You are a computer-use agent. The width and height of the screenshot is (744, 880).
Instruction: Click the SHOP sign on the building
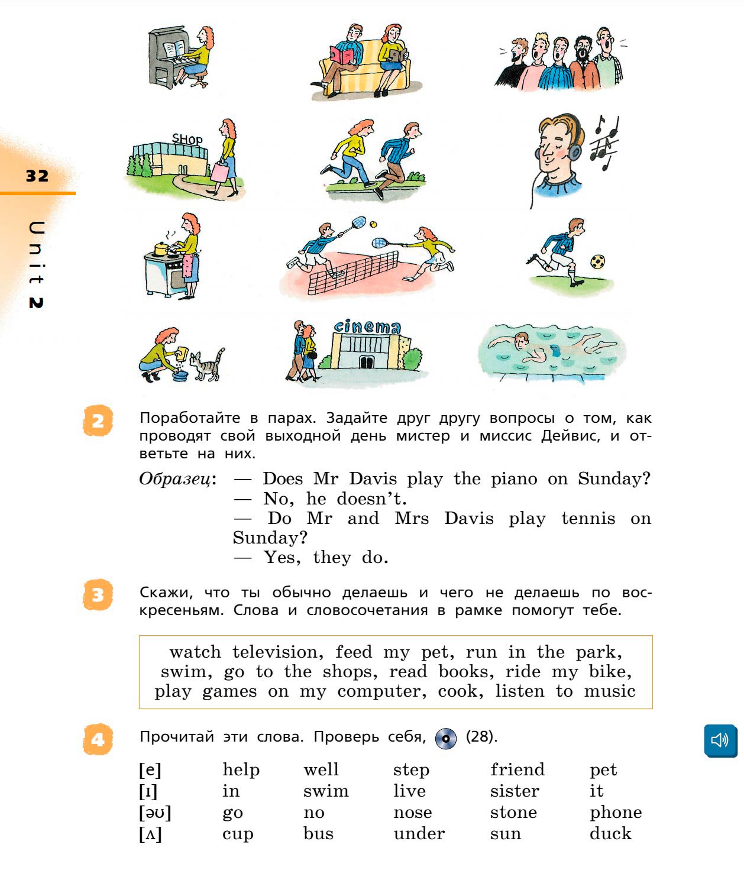point(187,140)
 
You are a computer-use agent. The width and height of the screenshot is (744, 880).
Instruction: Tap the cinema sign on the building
point(367,326)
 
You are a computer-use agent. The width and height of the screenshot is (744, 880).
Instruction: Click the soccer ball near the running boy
point(598,261)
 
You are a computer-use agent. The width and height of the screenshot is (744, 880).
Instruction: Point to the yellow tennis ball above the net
point(373,225)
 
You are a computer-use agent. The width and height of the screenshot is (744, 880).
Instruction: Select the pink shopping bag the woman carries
point(219,172)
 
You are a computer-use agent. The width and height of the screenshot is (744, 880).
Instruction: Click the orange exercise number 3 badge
point(98,595)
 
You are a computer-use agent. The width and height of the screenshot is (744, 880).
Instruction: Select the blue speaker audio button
point(720,740)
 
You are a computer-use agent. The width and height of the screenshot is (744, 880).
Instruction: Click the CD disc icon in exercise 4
point(446,739)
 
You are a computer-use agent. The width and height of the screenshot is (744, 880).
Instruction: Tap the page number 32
point(37,176)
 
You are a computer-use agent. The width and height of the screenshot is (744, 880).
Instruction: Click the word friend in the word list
point(517,769)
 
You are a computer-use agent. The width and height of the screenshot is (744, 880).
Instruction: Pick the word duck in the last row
point(610,833)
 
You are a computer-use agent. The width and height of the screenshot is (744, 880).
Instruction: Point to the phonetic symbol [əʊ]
point(155,813)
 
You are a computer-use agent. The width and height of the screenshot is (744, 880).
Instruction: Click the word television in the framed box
point(277,652)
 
